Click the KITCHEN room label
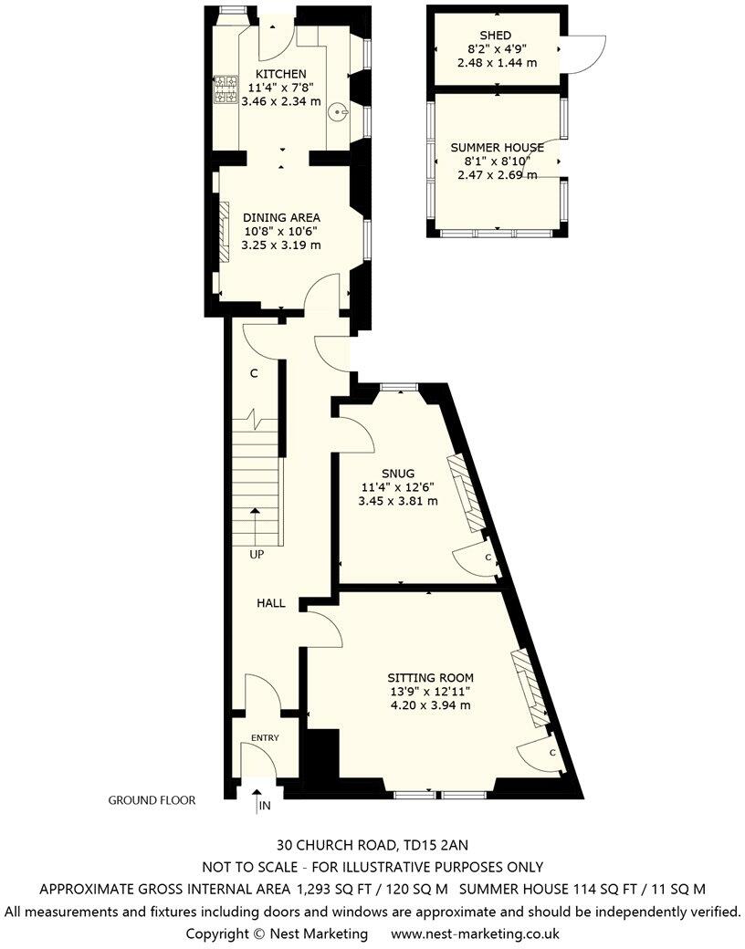(280, 74)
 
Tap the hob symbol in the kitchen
(222, 89)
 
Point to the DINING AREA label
(281, 217)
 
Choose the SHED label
(495, 35)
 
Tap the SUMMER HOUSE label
(497, 147)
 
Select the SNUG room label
(399, 473)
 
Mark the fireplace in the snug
(466, 493)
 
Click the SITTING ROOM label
(431, 677)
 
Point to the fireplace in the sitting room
(530, 687)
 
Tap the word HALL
(270, 603)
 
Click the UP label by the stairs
(258, 553)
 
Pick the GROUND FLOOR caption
(152, 800)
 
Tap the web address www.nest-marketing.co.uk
(475, 933)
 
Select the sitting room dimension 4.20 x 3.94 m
(431, 704)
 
